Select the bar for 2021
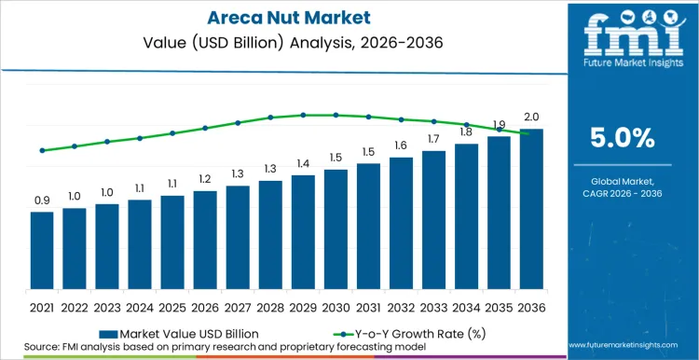42,252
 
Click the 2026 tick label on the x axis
205,306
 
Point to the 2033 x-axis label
433,306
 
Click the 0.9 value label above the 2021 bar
42,201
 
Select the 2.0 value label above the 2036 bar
531,118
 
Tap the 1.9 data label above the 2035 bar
499,125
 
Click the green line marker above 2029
303,115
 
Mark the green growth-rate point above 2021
42,150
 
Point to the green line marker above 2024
140,138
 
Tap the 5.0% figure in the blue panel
623,139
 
